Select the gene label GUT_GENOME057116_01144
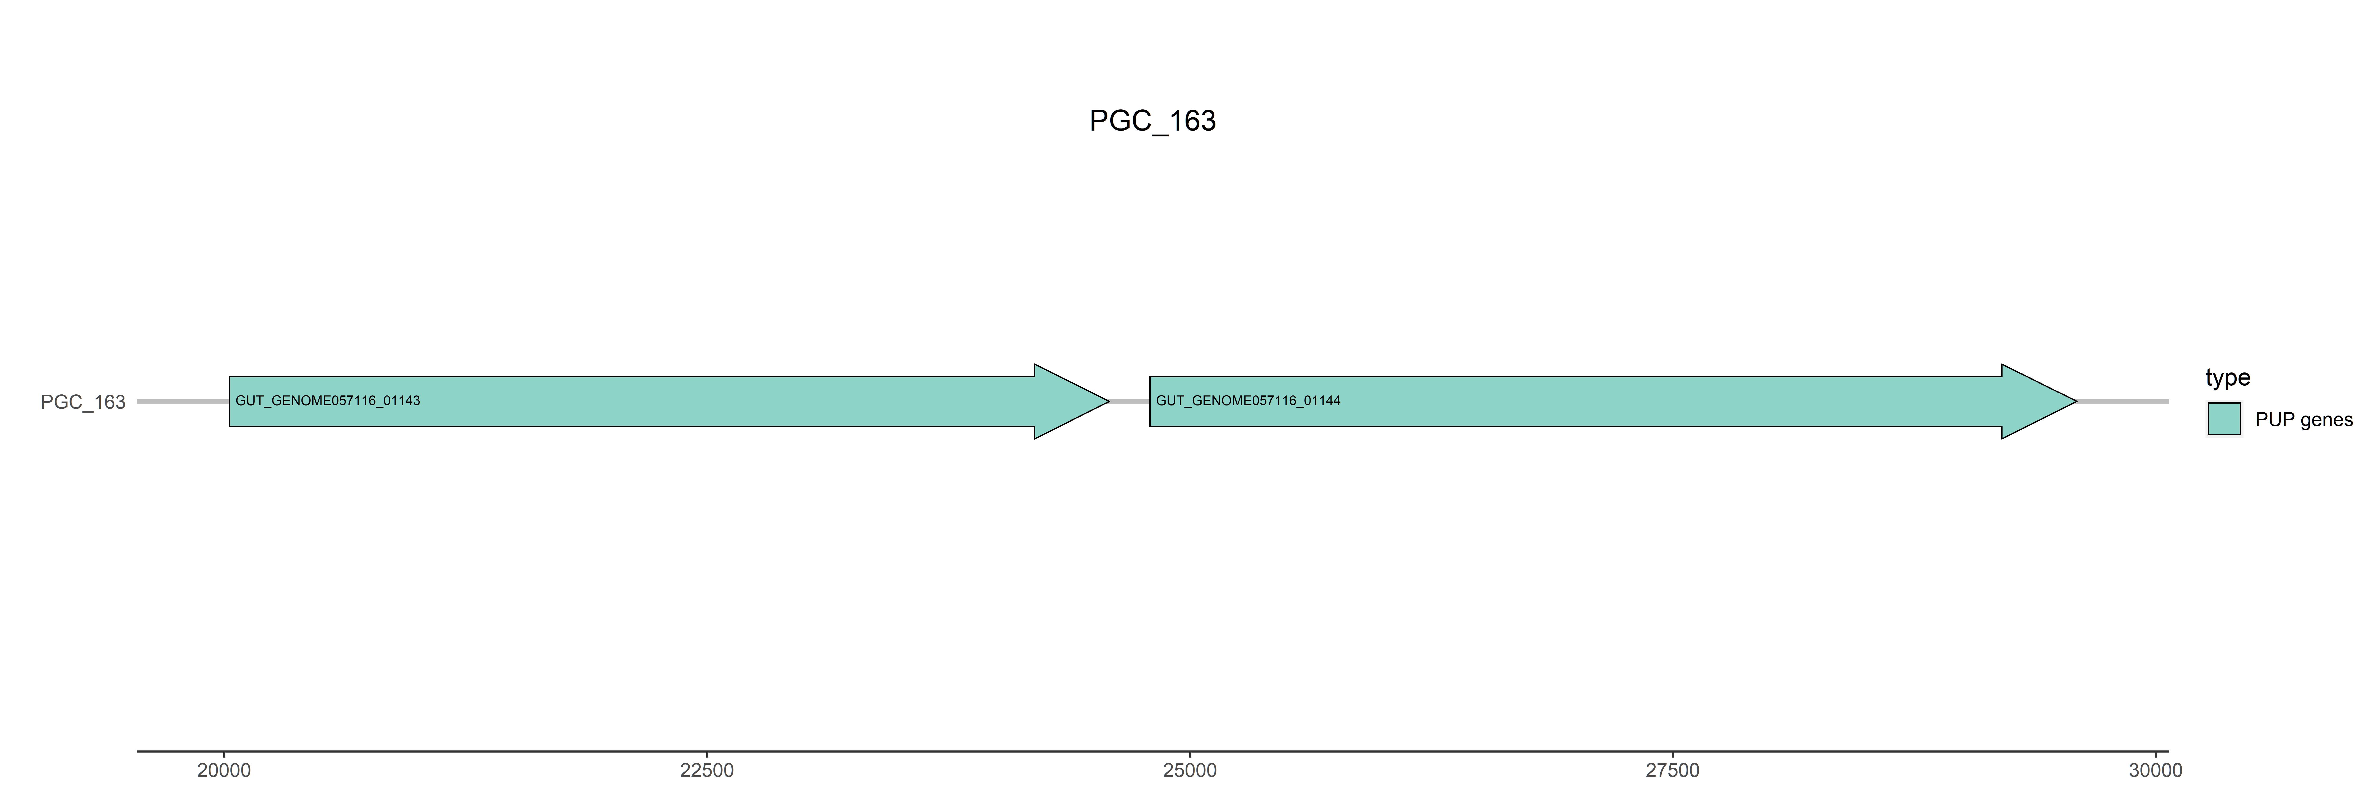tap(1248, 401)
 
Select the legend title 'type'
tap(2228, 377)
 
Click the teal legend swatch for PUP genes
tap(2224, 419)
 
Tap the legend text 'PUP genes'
tap(2303, 420)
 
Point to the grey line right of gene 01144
tap(2123, 402)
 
